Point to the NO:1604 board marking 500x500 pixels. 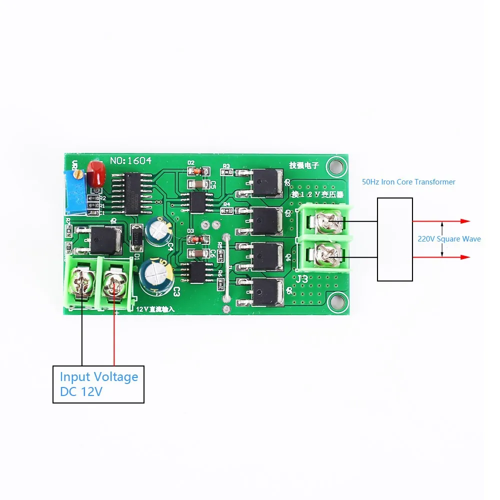click(x=130, y=160)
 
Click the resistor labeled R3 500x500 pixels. click(x=227, y=172)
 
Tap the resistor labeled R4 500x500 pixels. click(x=227, y=211)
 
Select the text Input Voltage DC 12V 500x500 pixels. click(x=98, y=384)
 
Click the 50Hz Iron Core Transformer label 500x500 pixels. click(x=408, y=182)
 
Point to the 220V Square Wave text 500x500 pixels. click(x=449, y=239)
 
